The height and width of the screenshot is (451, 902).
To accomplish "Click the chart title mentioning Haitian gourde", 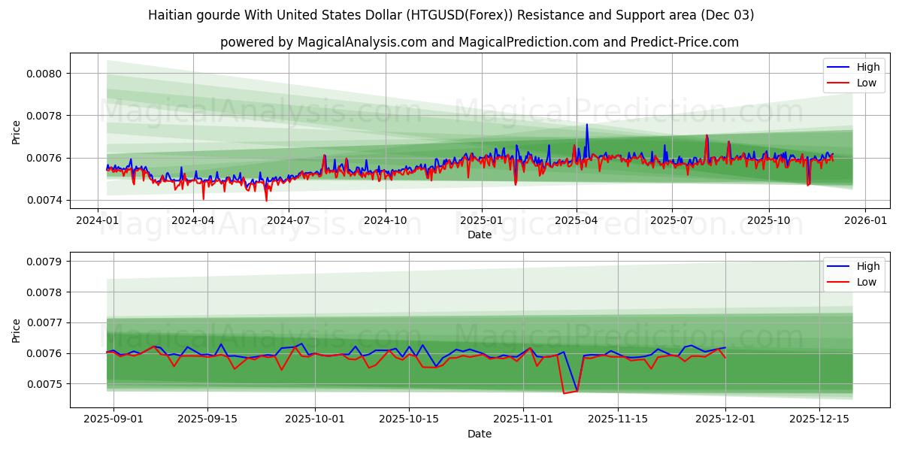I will pyautogui.click(x=451, y=15).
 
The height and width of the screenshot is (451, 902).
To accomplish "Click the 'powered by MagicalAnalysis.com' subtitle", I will pyautogui.click(x=479, y=42).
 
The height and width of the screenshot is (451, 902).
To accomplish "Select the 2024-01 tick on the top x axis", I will pyautogui.click(x=98, y=221).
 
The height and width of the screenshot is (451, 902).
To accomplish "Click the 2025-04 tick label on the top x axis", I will pyautogui.click(x=577, y=221).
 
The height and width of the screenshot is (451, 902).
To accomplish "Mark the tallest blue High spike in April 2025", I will pyautogui.click(x=587, y=125).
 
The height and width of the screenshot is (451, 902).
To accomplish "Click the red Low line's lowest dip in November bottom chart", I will pyautogui.click(x=564, y=393).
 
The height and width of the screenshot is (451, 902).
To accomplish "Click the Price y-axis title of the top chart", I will pyautogui.click(x=17, y=133).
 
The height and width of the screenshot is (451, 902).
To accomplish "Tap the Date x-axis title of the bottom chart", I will pyautogui.click(x=479, y=434).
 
